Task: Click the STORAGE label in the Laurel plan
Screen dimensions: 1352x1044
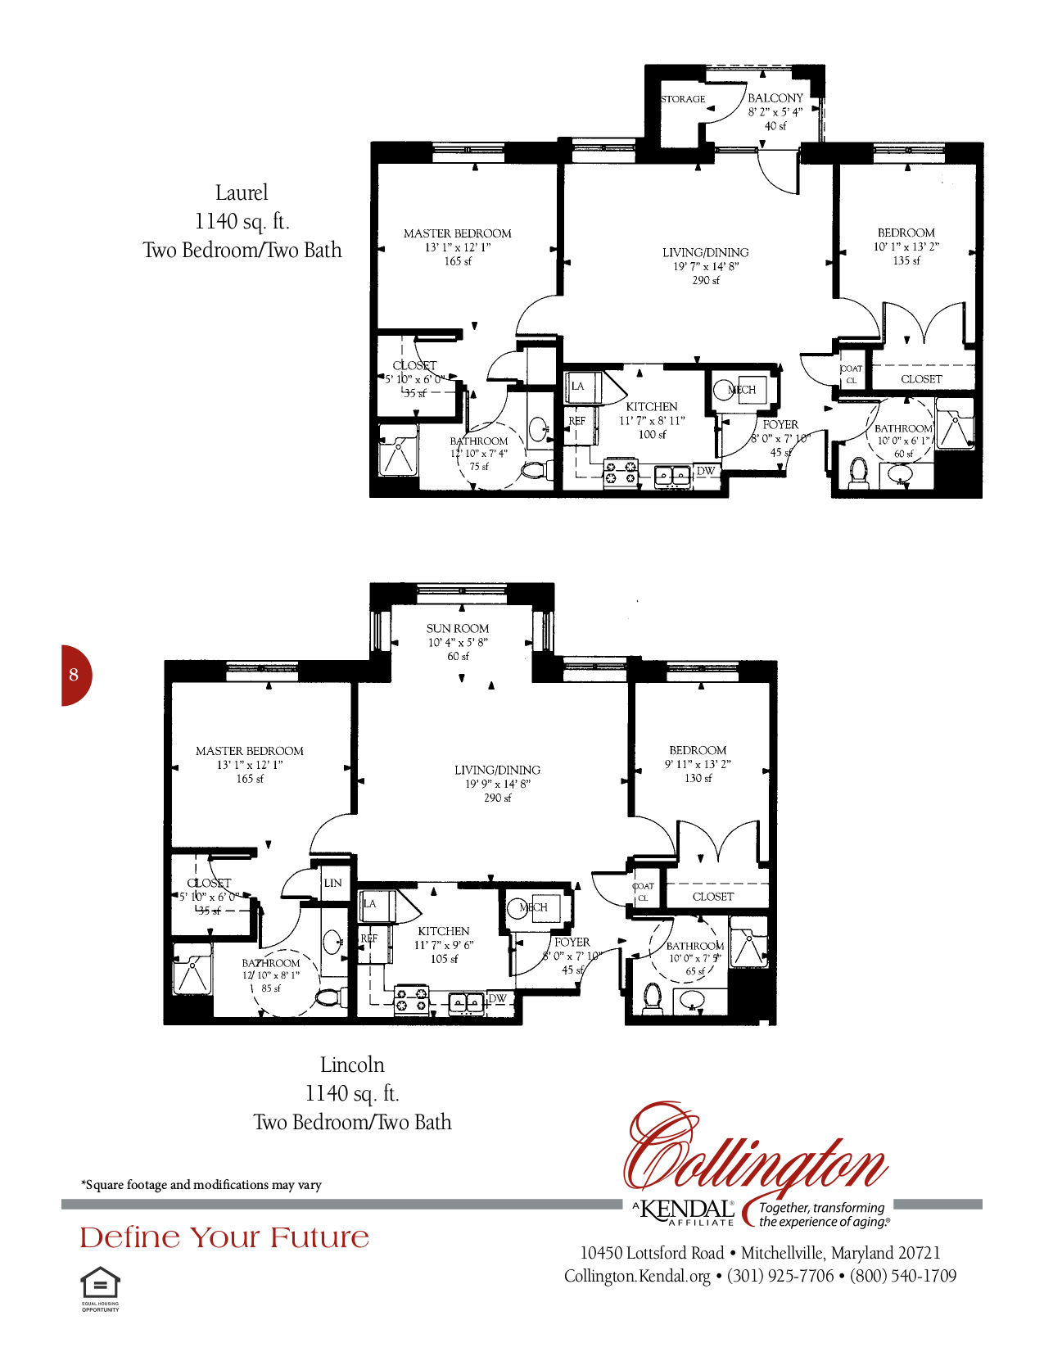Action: point(683,99)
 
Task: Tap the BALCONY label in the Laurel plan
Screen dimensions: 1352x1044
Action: point(775,98)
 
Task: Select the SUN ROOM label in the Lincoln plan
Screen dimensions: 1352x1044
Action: point(457,629)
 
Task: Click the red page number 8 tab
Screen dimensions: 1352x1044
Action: point(75,675)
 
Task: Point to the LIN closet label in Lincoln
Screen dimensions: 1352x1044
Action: point(332,883)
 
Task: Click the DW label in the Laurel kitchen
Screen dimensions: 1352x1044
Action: point(705,471)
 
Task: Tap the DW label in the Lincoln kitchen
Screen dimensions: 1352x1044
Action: point(497,998)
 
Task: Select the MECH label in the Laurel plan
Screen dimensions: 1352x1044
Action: point(743,390)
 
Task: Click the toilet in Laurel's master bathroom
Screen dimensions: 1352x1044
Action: point(533,471)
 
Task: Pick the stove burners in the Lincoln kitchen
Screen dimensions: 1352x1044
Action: point(411,999)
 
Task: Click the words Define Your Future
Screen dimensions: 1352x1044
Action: point(224,1237)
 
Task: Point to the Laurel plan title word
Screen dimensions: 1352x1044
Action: point(242,193)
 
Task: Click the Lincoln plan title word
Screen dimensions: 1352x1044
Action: point(352,1065)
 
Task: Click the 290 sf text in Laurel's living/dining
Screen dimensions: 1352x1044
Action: point(705,280)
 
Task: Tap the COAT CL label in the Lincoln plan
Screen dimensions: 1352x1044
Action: point(643,892)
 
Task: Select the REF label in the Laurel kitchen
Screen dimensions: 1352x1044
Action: point(577,421)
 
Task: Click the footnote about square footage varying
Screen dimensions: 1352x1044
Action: point(201,1185)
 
